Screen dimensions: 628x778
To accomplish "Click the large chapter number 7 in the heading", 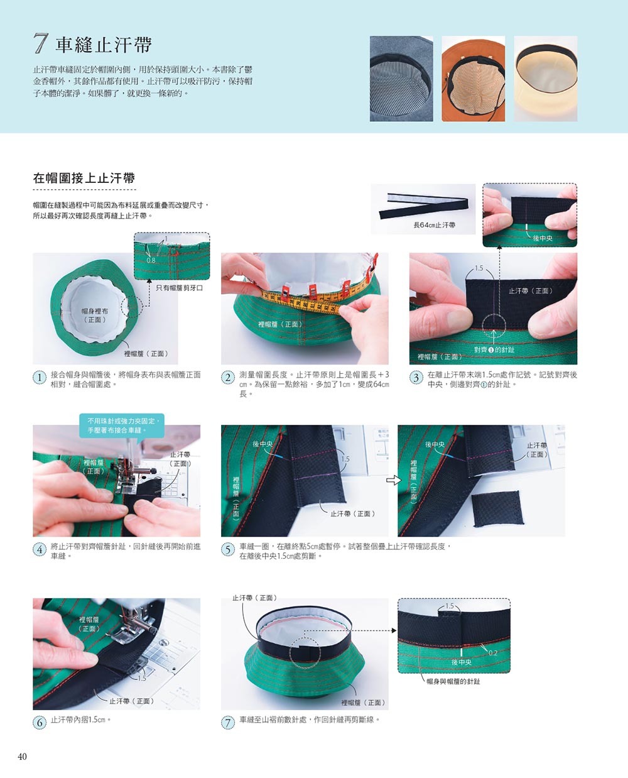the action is point(41,43).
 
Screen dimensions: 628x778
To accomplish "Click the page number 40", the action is point(22,756).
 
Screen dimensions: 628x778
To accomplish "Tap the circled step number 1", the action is point(40,378).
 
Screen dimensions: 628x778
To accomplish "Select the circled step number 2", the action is point(228,378).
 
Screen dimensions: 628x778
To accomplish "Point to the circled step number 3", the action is point(416,378).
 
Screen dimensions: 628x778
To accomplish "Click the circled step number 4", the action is point(40,550).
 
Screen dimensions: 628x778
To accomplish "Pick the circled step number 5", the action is point(228,550).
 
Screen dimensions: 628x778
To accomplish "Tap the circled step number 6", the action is point(40,723).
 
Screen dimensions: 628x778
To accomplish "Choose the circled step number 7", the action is point(228,723).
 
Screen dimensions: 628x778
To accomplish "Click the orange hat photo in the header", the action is point(474,79).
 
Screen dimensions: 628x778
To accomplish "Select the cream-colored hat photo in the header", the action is point(546,79).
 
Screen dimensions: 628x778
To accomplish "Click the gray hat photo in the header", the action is point(401,79).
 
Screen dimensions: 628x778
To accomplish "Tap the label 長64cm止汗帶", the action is point(434,225).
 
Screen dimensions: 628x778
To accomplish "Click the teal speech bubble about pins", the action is point(122,426).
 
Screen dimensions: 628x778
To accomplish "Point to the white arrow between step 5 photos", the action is point(393,480).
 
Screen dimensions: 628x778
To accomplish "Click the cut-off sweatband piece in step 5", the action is point(497,509).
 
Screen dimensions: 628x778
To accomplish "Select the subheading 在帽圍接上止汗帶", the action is point(84,178).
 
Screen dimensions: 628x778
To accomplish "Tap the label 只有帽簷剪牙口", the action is point(179,288).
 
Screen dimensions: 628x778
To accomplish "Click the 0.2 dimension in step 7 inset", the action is point(493,653).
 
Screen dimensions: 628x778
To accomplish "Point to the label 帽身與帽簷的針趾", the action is point(453,681).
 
